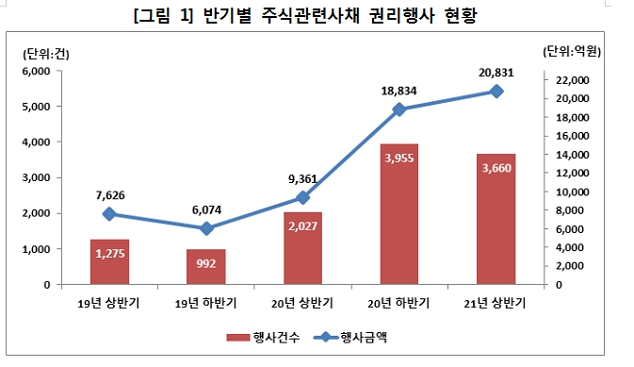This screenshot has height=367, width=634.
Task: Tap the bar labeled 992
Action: [205, 267]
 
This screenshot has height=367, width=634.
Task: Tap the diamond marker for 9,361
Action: [302, 197]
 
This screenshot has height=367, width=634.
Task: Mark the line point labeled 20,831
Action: [496, 92]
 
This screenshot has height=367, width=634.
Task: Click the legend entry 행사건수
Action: [265, 337]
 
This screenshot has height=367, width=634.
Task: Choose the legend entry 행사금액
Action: [363, 337]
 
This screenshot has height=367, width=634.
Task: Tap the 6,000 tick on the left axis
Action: [35, 72]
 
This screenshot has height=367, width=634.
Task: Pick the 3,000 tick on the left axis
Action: [35, 178]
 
